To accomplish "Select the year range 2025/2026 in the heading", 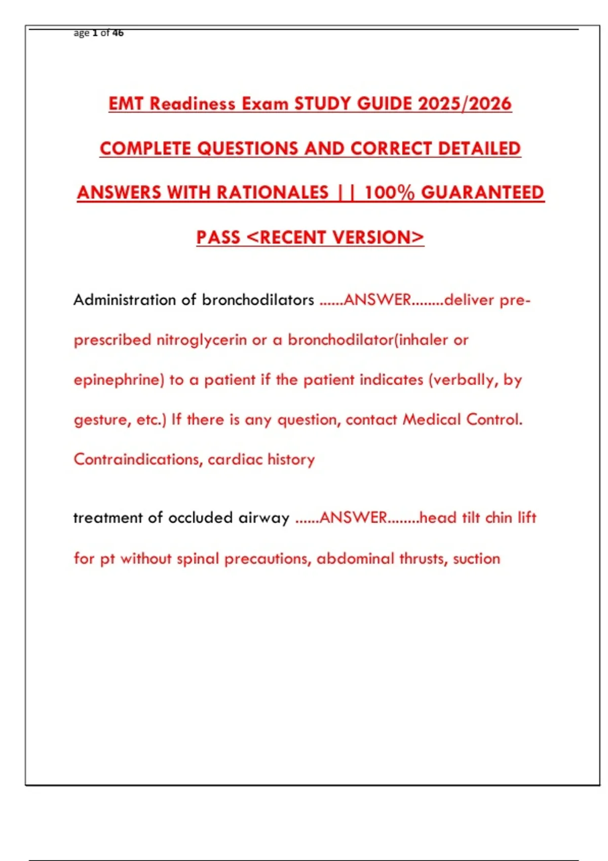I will tap(465, 104).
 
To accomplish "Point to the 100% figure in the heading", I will tap(389, 192).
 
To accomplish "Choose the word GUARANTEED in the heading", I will tap(482, 192).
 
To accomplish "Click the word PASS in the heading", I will tap(218, 237).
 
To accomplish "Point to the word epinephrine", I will tap(117, 380).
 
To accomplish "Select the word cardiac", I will tap(235, 459).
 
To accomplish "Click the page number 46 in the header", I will tap(118, 33).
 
